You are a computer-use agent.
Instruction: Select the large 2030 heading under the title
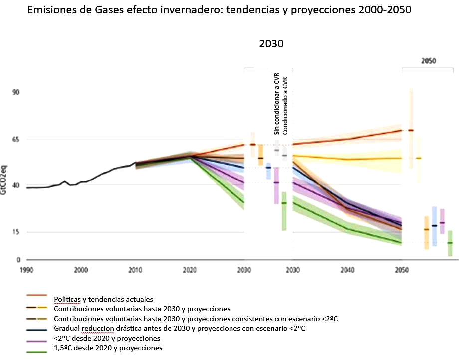point(271,44)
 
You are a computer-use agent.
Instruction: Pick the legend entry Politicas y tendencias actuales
point(103,300)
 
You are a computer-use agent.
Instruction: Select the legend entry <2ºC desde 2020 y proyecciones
point(107,338)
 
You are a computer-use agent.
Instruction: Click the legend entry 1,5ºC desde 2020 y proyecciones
point(108,348)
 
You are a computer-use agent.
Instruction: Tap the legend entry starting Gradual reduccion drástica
point(179,328)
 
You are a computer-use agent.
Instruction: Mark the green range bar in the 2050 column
point(450,243)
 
